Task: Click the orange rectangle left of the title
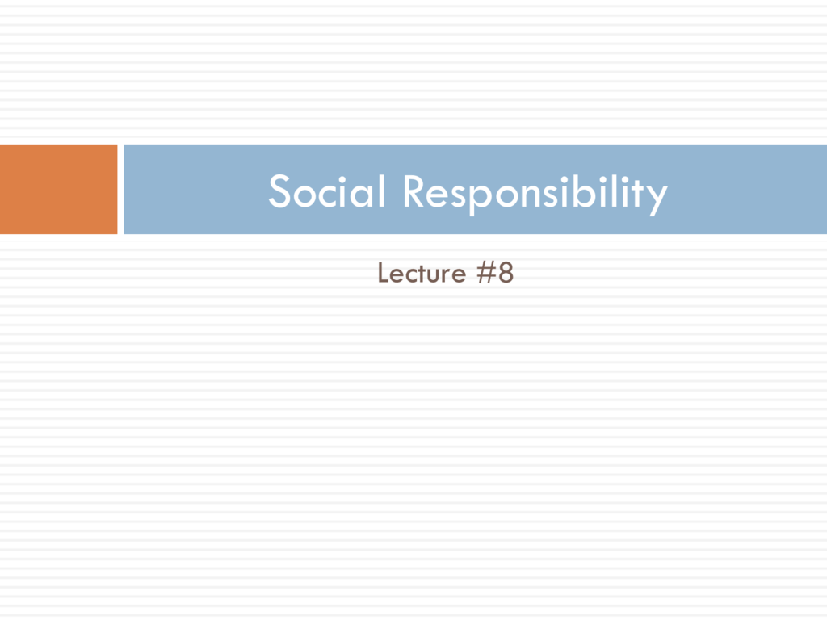(58, 189)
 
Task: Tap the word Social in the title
(327, 191)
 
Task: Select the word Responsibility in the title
(535, 194)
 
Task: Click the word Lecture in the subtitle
(422, 273)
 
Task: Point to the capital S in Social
(279, 191)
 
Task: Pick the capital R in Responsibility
(414, 191)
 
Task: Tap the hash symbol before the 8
(486, 273)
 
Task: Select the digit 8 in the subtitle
(506, 273)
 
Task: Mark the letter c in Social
(330, 195)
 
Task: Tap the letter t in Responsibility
(636, 193)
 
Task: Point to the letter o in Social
(305, 195)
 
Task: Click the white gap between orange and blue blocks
(121, 189)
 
